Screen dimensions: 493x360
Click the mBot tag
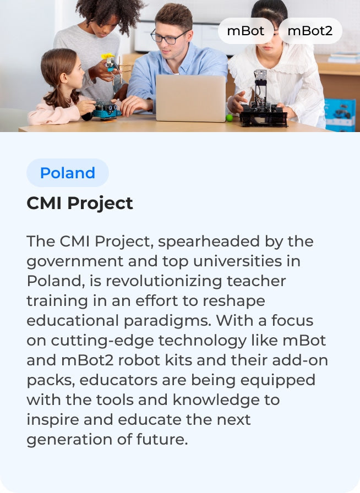[246, 31]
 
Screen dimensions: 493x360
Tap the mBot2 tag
[310, 31]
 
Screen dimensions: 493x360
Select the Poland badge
[68, 173]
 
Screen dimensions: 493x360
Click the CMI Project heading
[80, 203]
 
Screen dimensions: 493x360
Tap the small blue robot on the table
[106, 108]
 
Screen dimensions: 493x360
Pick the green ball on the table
[229, 117]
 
